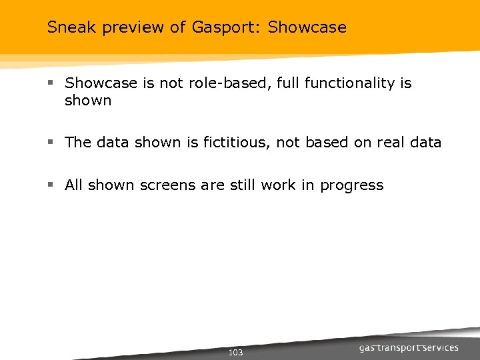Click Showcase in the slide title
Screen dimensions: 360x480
click(x=307, y=27)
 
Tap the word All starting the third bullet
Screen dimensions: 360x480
click(x=73, y=185)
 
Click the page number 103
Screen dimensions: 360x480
click(x=235, y=352)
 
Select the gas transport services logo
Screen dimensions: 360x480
click(x=408, y=348)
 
